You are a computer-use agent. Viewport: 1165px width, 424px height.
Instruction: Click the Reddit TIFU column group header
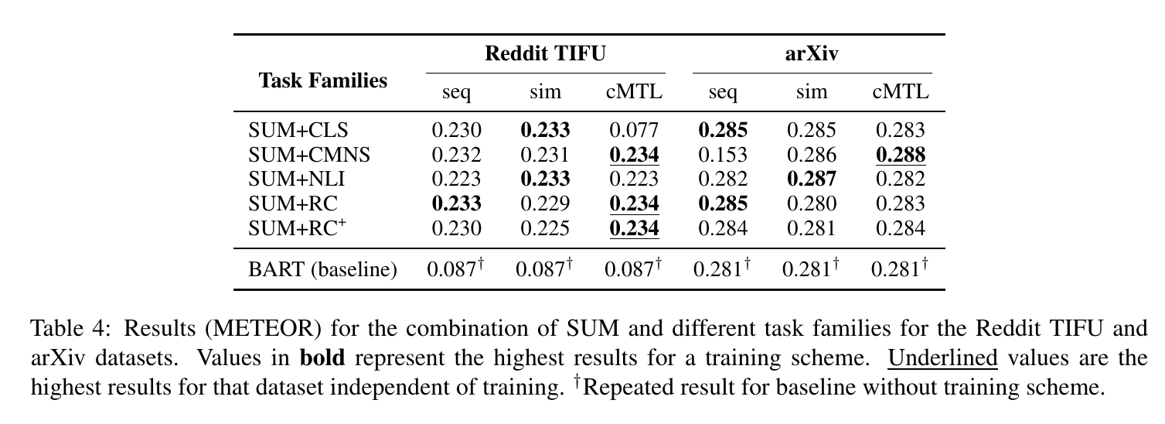[x=545, y=53]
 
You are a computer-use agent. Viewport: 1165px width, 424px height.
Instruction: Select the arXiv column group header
[x=812, y=53]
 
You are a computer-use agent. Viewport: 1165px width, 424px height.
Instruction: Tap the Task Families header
[x=323, y=80]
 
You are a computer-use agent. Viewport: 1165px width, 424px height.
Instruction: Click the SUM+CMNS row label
[x=309, y=155]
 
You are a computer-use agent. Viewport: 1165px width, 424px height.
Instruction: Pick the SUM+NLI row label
[x=296, y=179]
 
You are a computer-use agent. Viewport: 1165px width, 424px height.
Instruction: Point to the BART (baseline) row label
[x=322, y=269]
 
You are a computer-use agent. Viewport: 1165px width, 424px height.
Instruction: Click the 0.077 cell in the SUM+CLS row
[x=634, y=130]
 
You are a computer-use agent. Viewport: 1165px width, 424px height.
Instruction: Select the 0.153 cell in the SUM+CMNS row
[x=722, y=155]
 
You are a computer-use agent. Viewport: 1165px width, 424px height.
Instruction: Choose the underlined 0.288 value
[x=901, y=155]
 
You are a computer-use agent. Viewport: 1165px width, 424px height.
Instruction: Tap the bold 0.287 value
[x=812, y=179]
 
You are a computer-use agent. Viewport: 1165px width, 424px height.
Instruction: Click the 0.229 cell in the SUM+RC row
[x=545, y=203]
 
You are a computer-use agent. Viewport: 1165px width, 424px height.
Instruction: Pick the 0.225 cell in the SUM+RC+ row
[x=545, y=228]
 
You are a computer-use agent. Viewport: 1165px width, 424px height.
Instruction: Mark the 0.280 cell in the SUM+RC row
[x=812, y=203]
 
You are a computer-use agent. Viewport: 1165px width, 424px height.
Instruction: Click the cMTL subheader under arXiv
[x=901, y=92]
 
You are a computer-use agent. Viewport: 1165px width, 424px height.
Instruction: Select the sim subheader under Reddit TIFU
[x=545, y=93]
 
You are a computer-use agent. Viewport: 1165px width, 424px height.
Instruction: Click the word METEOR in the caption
[x=263, y=329]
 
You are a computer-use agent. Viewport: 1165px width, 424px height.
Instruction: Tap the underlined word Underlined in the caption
[x=942, y=358]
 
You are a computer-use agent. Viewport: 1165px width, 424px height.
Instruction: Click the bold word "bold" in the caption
[x=322, y=358]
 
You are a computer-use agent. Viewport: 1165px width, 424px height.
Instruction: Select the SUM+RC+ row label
[x=297, y=228]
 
